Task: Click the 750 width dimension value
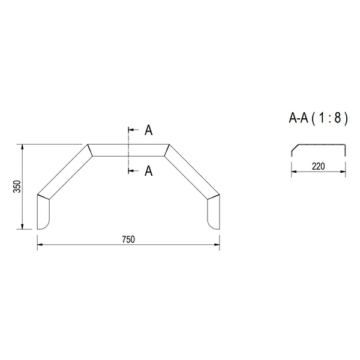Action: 128,239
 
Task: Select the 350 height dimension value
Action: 17,187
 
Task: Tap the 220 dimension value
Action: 318,166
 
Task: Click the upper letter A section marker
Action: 149,130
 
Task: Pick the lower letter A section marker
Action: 149,171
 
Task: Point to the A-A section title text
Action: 298,118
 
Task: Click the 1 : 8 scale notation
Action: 329,118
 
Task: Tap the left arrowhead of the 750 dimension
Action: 40,245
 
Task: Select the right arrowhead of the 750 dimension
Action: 217,245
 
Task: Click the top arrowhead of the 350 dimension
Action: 22,147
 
